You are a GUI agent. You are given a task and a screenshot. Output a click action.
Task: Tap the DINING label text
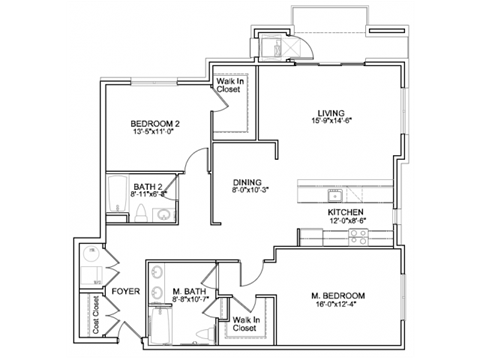click(x=247, y=181)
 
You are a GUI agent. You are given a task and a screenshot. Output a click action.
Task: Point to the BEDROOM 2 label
click(x=154, y=124)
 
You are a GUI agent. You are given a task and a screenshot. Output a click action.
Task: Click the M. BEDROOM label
click(x=337, y=296)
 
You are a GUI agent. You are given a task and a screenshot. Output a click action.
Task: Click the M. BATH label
click(x=188, y=292)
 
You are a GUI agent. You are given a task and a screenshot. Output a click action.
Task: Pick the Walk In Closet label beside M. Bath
click(x=245, y=324)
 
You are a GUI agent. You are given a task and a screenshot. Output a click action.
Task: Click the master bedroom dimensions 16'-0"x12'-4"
click(x=337, y=306)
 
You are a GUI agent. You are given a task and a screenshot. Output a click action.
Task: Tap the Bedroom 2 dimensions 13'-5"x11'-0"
click(x=154, y=134)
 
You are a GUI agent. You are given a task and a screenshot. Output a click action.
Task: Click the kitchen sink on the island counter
click(x=339, y=192)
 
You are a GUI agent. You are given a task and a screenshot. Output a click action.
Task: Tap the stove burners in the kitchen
click(x=358, y=236)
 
